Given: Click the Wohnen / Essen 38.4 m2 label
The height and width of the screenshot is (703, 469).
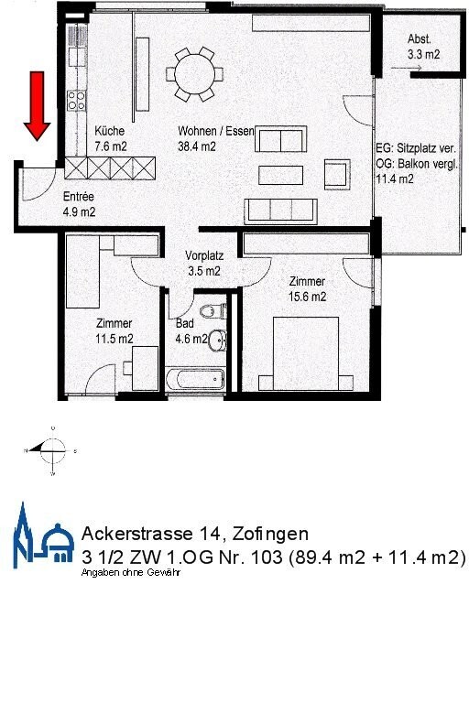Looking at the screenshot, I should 215,138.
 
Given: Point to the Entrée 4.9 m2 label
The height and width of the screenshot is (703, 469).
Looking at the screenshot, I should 79,204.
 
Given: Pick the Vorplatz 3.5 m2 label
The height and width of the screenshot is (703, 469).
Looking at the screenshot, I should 202,264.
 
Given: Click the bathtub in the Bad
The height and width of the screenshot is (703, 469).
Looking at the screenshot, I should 193,378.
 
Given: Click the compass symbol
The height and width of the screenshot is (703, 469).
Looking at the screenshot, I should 53,449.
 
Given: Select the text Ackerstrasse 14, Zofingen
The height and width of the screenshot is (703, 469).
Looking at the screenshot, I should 194,533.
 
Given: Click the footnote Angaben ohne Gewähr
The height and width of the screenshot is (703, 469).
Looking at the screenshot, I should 131,572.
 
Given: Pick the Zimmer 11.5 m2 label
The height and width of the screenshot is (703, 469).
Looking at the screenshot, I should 115,330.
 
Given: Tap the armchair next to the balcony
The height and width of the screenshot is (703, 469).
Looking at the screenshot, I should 336,172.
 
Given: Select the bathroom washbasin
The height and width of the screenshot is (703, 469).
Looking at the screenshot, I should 216,341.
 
